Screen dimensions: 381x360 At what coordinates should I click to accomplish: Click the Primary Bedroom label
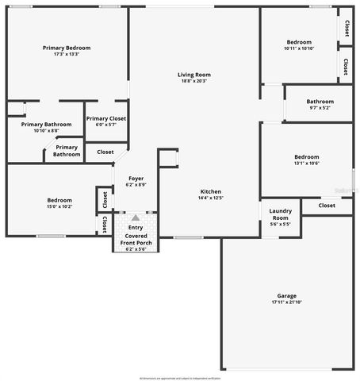[67, 48]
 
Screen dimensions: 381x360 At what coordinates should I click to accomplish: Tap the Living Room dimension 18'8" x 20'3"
[193, 81]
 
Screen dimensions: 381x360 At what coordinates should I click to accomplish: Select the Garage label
[286, 294]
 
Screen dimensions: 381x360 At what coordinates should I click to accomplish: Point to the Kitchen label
[210, 192]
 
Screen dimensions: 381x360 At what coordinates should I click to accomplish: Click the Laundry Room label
[281, 214]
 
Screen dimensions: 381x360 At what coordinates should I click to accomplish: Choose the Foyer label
[136, 179]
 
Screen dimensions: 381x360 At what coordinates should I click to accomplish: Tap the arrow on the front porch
[135, 217]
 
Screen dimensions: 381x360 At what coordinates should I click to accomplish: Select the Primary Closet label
[105, 118]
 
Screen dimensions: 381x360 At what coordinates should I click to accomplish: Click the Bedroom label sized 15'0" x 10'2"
[59, 200]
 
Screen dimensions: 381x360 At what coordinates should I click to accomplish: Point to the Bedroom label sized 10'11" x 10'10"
[299, 42]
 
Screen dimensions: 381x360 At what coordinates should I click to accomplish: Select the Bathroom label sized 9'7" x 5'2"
[320, 102]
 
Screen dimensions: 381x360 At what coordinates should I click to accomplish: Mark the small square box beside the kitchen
[168, 158]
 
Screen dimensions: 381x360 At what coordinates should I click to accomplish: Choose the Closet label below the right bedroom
[326, 205]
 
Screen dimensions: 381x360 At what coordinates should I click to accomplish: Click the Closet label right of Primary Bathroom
[105, 152]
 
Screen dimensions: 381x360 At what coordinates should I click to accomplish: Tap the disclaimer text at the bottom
[180, 378]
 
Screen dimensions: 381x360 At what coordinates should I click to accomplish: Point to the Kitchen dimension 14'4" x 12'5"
[210, 198]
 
